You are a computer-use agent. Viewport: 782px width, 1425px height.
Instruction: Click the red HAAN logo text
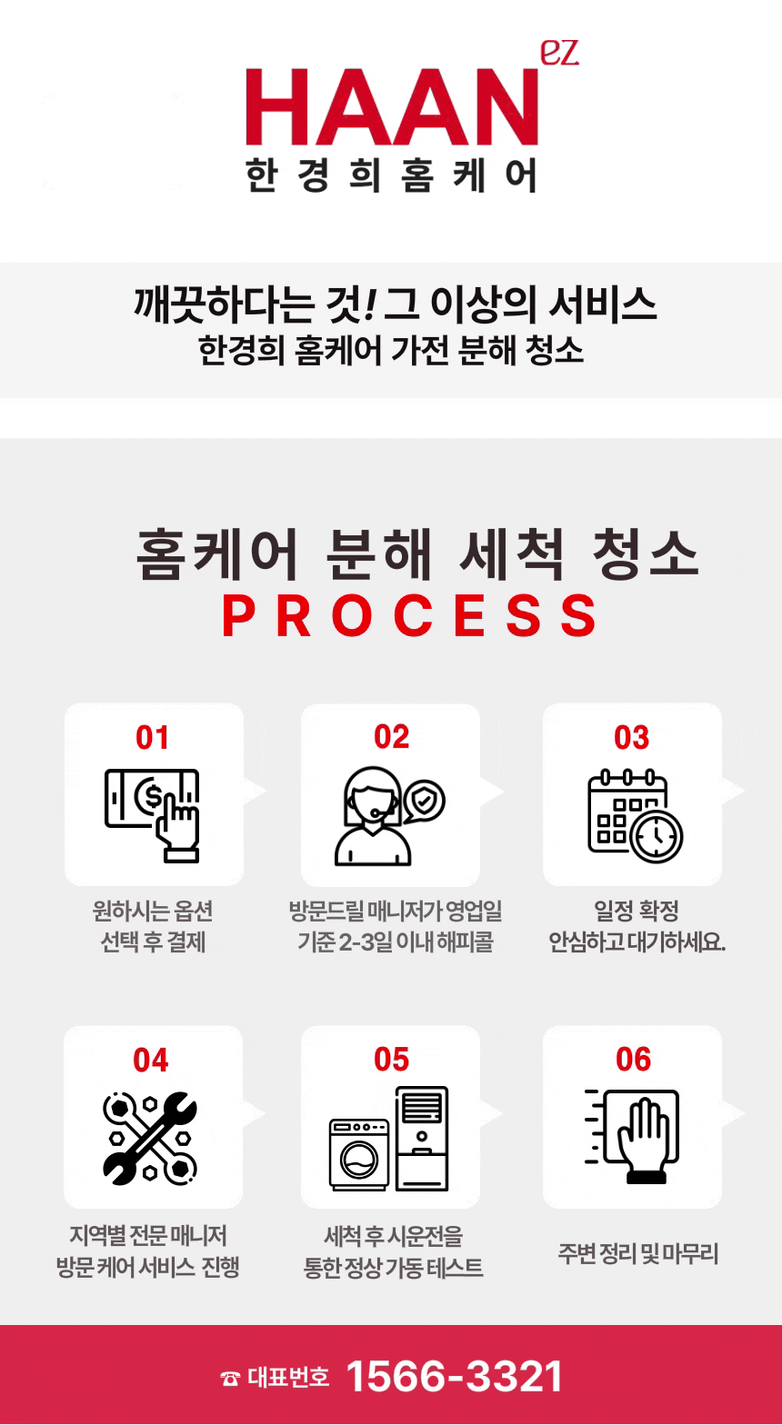pos(392,106)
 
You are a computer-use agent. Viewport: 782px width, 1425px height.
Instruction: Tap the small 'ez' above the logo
pos(560,53)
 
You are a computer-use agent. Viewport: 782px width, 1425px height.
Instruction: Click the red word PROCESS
pos(410,615)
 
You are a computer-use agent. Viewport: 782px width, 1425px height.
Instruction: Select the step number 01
pos(152,737)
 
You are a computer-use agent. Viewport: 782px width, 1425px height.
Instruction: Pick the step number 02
pos(391,737)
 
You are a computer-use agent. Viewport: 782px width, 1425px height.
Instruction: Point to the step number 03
pos(631,737)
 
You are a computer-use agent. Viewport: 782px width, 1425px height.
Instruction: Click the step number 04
pos(151,1061)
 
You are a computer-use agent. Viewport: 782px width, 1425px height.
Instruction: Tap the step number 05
pos(391,1060)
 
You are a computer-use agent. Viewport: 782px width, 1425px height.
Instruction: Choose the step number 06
pos(633,1060)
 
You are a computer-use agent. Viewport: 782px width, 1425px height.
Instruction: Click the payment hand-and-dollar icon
pos(153,815)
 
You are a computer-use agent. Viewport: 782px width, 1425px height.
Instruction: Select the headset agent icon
pos(389,816)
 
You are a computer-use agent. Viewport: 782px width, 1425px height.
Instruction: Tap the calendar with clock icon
pos(635,815)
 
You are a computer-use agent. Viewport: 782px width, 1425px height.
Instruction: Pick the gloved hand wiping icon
pos(633,1137)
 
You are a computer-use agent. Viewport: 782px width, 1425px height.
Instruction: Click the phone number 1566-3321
pos(455,1377)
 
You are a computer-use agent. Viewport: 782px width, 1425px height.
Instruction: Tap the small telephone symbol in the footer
pos(230,1379)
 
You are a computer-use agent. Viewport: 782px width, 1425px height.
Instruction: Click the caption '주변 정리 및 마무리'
pos(638,1253)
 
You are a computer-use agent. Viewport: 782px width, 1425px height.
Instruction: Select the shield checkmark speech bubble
pos(424,802)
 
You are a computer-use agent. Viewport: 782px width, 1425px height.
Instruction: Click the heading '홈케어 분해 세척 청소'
pos(417,553)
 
